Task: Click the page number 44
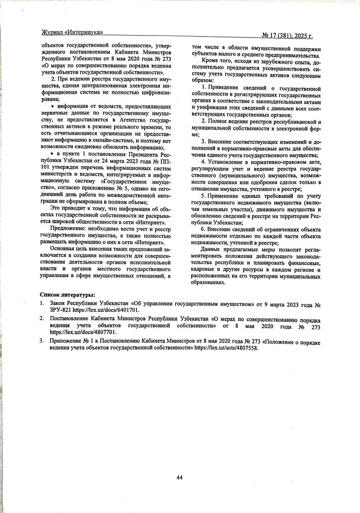[179, 478]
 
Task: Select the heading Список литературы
[67, 295]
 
